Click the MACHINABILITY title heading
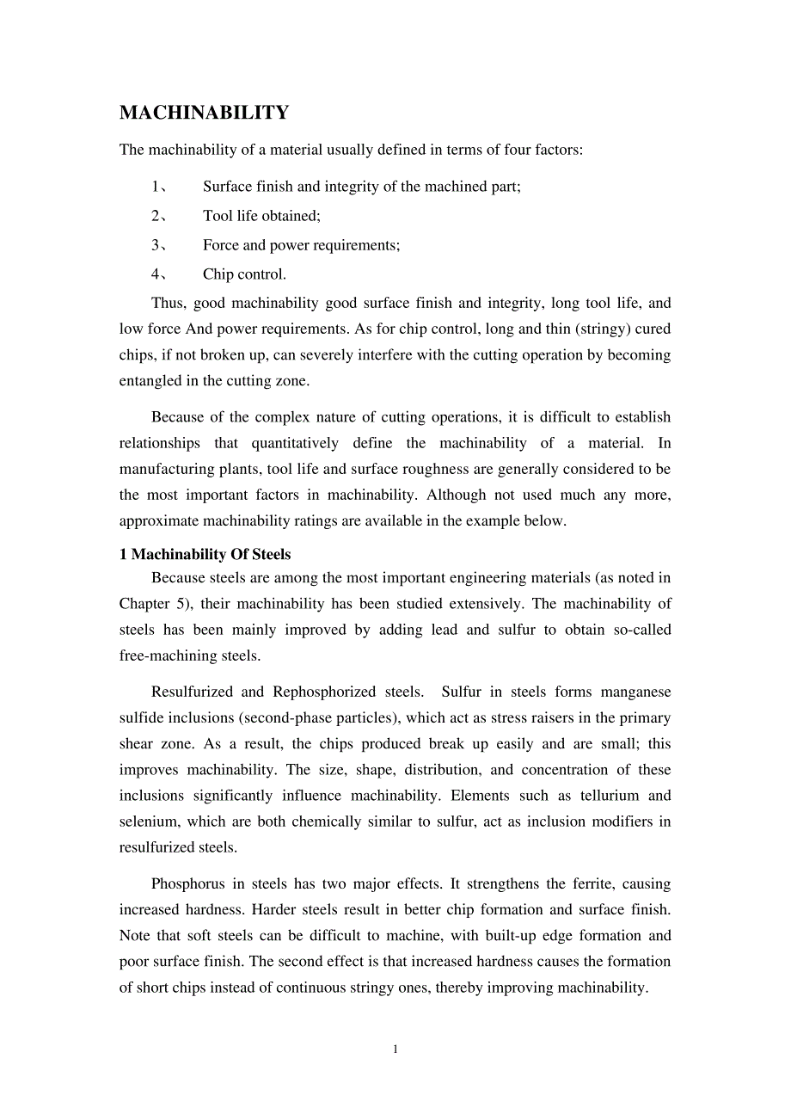coord(204,113)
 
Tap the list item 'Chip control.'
coord(244,274)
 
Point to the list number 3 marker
coord(156,245)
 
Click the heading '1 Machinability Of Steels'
coord(205,554)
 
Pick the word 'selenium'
coord(148,822)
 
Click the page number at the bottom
coord(395,1049)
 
